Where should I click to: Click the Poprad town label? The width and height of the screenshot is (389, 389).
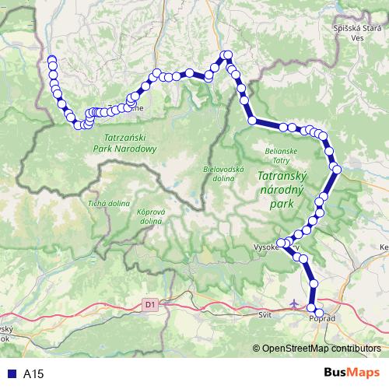(321, 318)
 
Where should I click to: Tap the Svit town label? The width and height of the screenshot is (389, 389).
(264, 315)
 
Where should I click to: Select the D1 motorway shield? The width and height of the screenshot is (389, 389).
(150, 305)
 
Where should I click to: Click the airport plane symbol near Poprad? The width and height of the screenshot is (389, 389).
(293, 301)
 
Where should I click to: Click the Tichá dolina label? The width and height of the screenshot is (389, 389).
(107, 204)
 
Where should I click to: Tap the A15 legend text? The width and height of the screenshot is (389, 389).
(33, 373)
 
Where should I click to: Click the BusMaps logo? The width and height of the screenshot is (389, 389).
(352, 373)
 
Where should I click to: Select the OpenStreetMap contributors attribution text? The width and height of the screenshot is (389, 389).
(321, 348)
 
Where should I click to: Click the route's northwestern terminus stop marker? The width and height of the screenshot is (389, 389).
(52, 60)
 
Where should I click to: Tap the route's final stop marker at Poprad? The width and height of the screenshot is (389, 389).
(313, 310)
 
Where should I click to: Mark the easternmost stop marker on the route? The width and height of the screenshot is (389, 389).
(337, 168)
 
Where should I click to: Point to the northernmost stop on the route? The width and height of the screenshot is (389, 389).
(228, 54)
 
